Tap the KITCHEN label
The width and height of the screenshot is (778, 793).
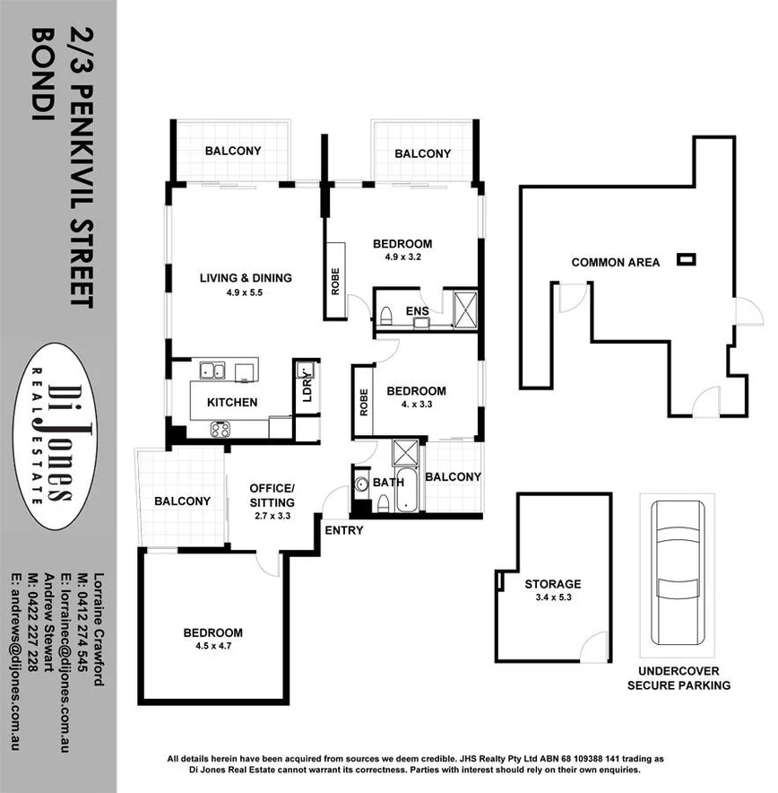click(x=232, y=402)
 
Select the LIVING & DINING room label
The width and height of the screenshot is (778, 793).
click(x=246, y=278)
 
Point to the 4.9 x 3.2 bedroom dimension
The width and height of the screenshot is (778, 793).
click(x=402, y=258)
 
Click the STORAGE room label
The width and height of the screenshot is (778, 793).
click(x=553, y=584)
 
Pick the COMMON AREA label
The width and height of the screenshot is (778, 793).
click(x=616, y=262)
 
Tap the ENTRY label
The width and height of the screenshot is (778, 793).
click(x=344, y=530)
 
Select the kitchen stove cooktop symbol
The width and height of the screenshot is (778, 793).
click(x=220, y=429)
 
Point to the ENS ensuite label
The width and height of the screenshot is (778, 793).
click(x=417, y=311)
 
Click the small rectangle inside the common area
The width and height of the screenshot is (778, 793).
click(x=687, y=260)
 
